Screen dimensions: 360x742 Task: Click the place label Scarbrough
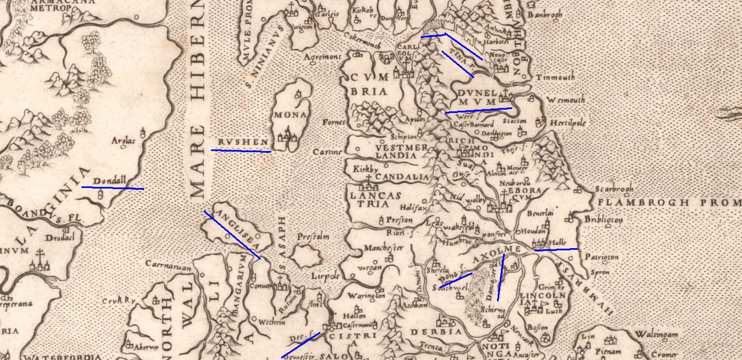(x=614, y=189)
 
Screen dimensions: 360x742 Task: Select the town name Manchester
(x=383, y=248)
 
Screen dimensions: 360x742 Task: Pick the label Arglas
(x=123, y=141)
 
